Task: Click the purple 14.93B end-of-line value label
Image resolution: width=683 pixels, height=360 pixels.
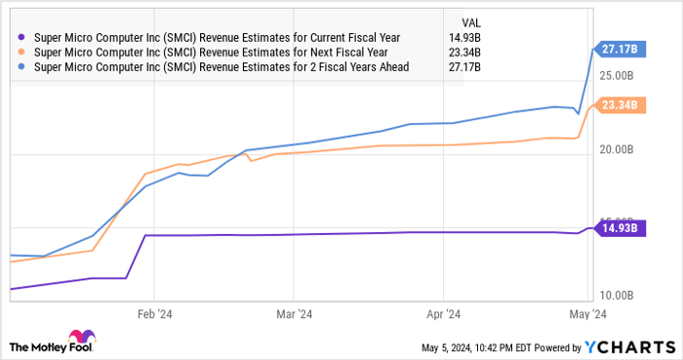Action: tap(618, 227)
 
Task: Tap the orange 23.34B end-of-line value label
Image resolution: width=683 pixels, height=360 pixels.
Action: tap(618, 105)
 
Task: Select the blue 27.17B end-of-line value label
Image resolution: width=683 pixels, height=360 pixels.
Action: tap(618, 47)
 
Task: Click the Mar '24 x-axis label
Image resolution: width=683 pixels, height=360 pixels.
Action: tap(294, 314)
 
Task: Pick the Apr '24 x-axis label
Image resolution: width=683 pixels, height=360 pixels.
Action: tap(443, 314)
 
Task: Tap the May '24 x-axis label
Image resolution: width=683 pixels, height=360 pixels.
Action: tap(587, 314)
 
